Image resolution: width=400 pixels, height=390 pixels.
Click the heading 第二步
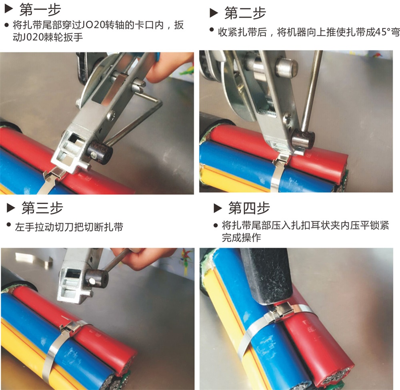click(x=245, y=13)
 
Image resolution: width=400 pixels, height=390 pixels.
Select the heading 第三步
click(x=42, y=208)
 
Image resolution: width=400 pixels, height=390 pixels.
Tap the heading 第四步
click(x=249, y=208)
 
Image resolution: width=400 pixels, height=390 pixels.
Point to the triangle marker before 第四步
click(x=217, y=208)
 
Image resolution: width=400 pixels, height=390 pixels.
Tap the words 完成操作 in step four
click(x=241, y=237)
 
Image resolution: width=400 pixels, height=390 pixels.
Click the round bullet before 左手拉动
click(x=9, y=225)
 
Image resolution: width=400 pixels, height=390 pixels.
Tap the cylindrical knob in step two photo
click(x=303, y=139)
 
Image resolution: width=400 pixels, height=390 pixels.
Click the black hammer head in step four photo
click(x=266, y=276)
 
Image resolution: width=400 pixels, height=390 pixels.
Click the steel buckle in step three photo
click(x=71, y=327)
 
